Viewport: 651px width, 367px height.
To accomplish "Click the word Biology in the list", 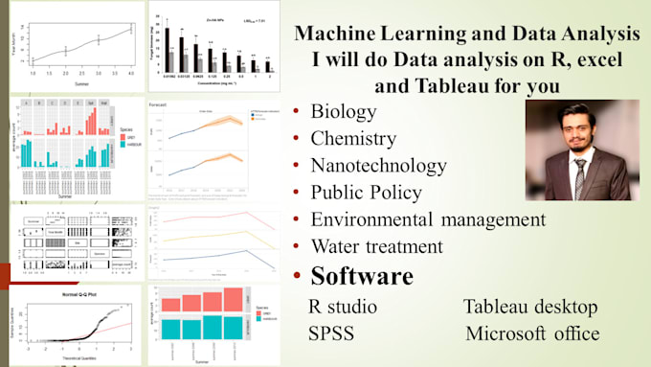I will (344, 111).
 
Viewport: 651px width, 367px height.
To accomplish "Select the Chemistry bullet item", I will (355, 138).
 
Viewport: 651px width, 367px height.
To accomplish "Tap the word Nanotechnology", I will (378, 165).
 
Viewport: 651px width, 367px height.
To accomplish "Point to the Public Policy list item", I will (366, 192).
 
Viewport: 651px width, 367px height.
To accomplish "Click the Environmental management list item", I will (428, 219).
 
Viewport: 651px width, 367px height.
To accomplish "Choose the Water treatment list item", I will (375, 246).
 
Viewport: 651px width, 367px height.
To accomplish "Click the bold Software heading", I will (361, 277).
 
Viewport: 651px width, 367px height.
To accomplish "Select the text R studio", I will (342, 308).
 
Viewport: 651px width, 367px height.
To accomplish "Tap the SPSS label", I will (330, 334).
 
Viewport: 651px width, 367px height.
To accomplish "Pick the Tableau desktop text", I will (530, 308).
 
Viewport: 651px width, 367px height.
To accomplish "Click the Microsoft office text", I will (532, 334).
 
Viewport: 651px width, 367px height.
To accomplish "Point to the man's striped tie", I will (580, 173).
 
